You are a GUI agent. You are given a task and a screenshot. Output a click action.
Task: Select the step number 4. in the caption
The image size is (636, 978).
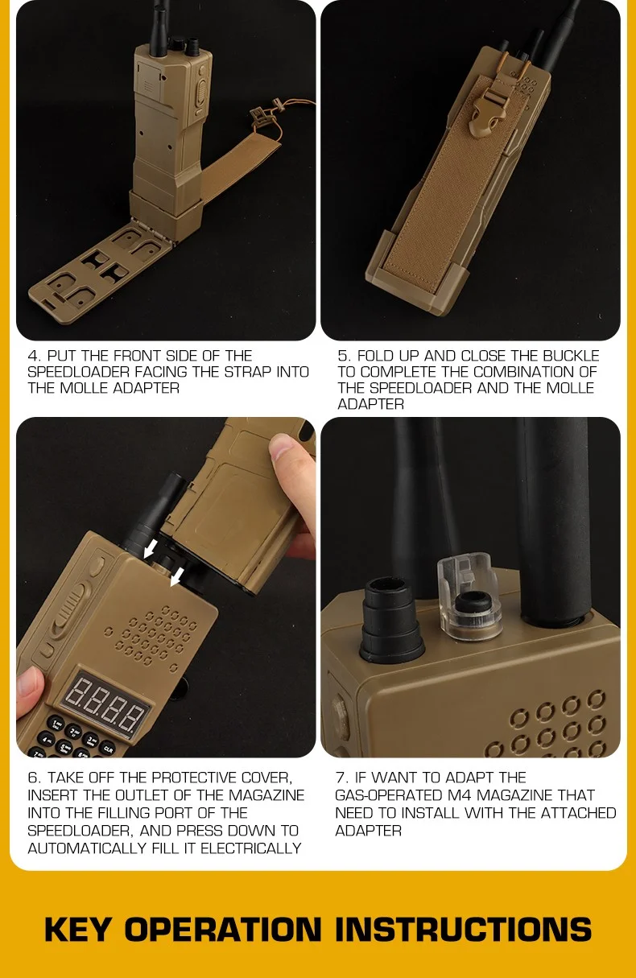35,356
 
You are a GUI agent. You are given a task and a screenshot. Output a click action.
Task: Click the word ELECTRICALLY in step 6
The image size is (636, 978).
250,848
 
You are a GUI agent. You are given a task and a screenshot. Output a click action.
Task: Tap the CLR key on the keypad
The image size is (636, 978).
107,749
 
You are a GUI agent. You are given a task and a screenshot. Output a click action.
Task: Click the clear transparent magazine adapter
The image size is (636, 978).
469,596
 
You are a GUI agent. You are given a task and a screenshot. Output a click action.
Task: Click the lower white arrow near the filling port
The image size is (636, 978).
176,577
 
